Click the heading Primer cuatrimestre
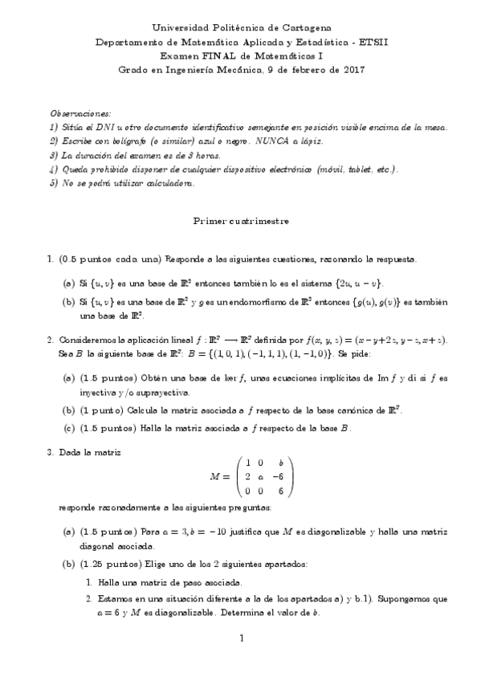240,219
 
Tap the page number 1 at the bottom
240,638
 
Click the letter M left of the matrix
214,476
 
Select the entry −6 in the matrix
279,476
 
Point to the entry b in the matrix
280,463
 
